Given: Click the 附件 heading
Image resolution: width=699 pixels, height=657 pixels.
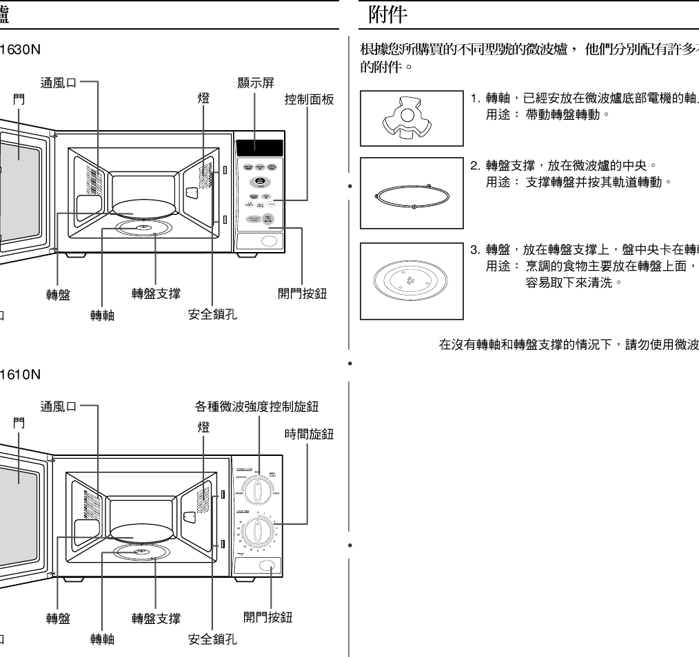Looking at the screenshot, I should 378,13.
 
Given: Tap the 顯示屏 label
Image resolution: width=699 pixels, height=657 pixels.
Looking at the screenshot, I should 255,83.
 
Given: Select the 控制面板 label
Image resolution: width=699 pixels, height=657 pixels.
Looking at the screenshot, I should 309,100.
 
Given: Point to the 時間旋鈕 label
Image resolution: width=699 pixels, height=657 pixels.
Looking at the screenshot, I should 309,434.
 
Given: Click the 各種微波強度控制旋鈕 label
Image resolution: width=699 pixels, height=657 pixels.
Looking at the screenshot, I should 257,406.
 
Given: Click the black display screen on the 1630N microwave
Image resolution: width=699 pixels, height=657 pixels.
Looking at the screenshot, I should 259,147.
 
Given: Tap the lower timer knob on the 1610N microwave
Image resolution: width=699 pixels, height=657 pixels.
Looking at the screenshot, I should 259,531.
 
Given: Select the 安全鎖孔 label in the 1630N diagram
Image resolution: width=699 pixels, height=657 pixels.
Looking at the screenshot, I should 213,315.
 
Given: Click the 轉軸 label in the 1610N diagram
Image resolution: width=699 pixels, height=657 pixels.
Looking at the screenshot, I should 102,640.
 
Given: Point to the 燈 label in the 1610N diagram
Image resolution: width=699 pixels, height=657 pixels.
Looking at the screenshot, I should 203,427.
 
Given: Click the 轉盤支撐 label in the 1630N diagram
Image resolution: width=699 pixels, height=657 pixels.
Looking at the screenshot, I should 156,293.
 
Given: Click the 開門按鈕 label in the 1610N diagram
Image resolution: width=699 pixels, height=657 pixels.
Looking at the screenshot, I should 268,617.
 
